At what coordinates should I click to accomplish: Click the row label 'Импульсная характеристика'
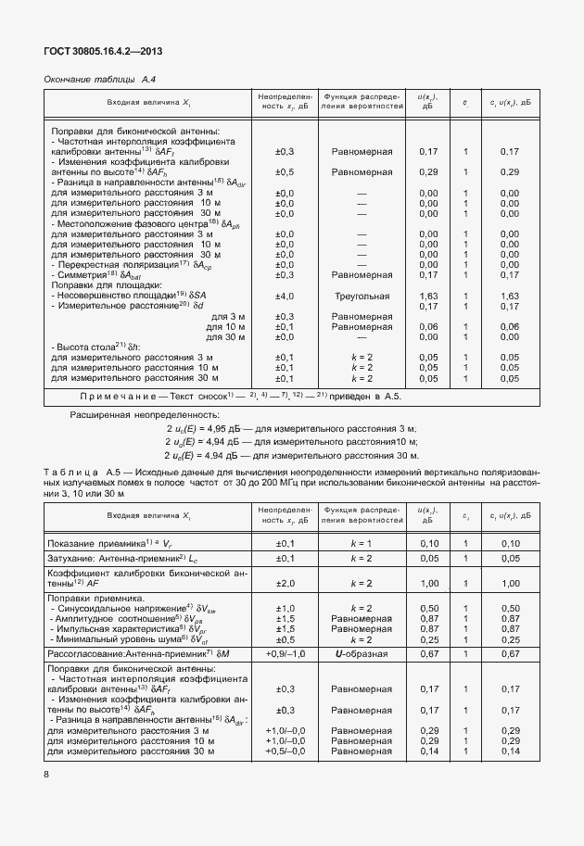point(116,629)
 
